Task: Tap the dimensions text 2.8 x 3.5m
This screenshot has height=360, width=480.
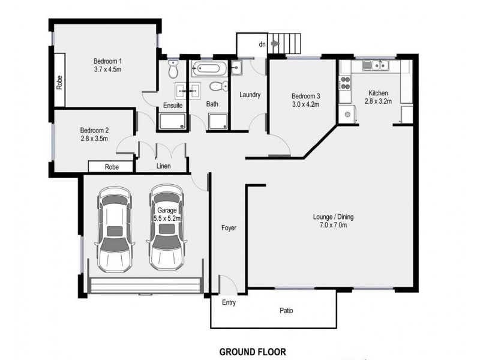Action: point(94,139)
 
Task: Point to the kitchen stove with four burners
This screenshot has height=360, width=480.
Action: point(345,84)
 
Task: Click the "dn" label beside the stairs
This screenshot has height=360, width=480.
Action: point(262,44)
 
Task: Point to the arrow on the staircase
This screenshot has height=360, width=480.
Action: point(275,43)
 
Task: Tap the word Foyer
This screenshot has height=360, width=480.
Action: point(228,228)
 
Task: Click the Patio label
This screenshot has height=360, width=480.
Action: point(286,311)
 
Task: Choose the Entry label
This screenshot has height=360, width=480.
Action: point(228,303)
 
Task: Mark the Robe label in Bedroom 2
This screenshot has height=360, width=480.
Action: point(111,167)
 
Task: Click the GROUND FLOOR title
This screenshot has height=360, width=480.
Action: point(252,352)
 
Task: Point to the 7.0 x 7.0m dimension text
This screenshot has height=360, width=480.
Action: point(330,226)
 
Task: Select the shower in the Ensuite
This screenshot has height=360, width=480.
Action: point(172,123)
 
